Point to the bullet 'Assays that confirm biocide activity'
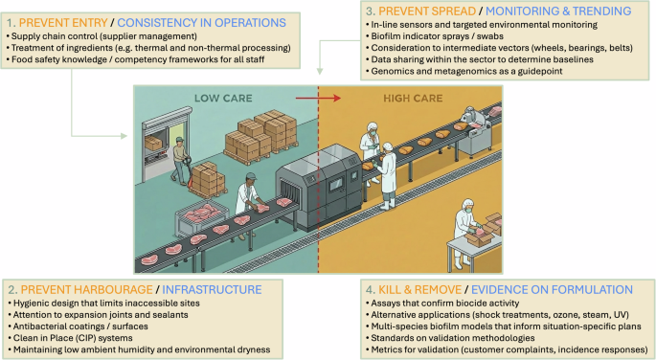(427, 303)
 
